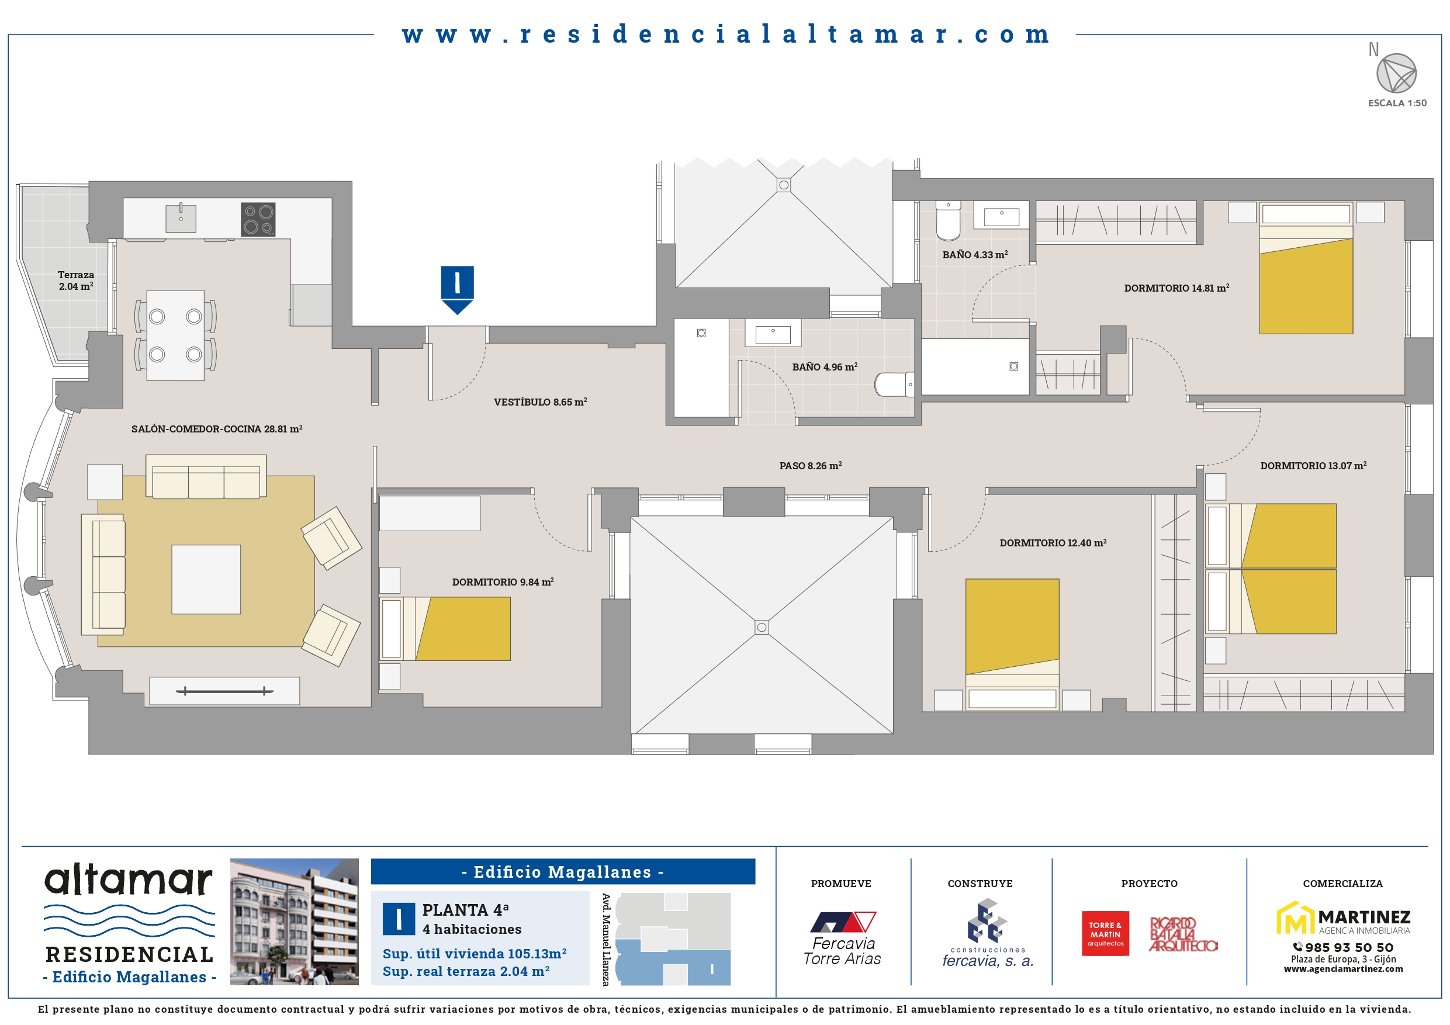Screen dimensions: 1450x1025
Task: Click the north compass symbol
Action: tap(1396, 73)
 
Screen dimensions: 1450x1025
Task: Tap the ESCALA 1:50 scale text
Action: tap(1397, 103)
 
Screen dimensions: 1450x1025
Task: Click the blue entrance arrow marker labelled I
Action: tap(457, 290)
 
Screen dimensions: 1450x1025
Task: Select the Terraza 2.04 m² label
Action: tap(76, 281)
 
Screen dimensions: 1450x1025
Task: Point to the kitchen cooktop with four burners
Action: tap(258, 219)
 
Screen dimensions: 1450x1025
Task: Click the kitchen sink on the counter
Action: tap(181, 218)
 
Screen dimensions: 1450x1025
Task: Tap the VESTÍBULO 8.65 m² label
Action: tap(541, 401)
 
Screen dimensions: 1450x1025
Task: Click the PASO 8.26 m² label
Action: tap(810, 465)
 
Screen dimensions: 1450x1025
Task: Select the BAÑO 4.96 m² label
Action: tap(825, 367)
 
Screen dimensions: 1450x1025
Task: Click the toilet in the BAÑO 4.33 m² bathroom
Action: tap(948, 221)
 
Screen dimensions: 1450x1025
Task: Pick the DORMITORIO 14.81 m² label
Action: tap(1176, 288)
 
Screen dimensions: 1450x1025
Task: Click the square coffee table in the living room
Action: tap(206, 579)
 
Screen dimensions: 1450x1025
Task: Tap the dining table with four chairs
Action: tap(175, 335)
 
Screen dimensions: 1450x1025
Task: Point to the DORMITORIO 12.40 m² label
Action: tap(1053, 543)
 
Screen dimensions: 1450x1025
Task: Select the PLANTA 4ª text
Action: tap(465, 910)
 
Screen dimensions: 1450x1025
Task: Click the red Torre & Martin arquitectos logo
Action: tap(1105, 933)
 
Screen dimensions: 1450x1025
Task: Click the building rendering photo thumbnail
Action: tap(295, 922)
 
